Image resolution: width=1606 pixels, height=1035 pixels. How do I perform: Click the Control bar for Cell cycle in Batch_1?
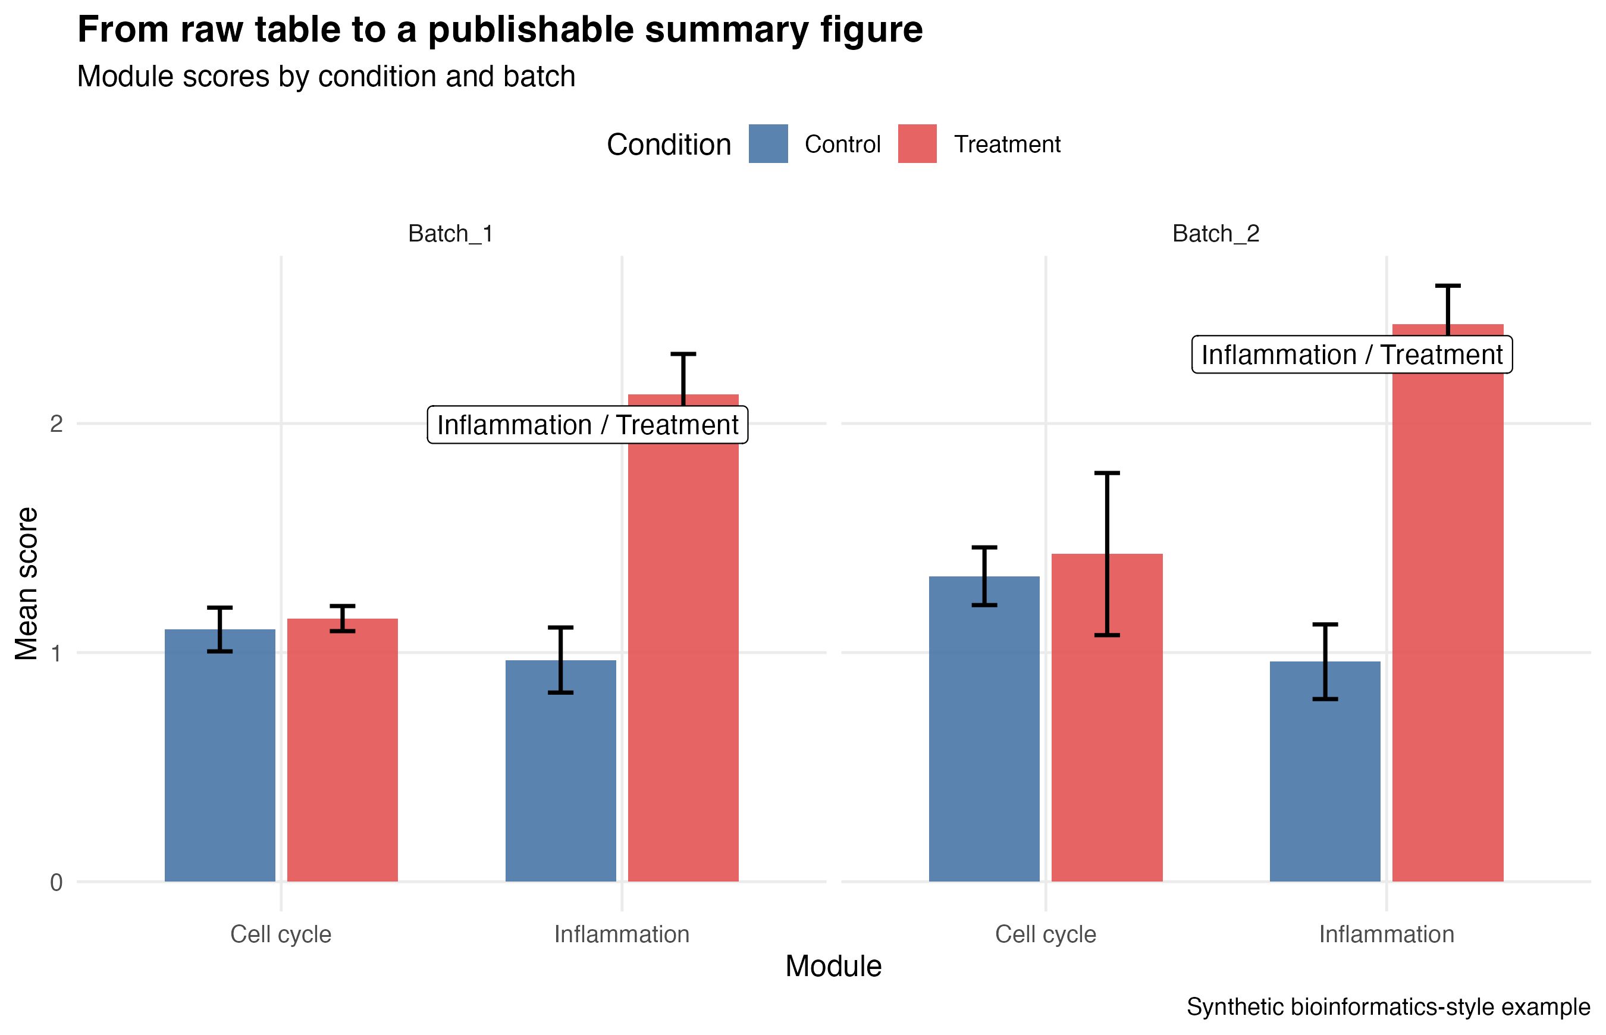219,755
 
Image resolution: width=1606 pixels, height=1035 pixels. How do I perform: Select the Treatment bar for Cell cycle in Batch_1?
343,749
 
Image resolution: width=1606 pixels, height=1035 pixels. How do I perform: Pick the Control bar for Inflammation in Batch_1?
560,770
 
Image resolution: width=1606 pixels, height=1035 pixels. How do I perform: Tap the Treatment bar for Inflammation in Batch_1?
683,638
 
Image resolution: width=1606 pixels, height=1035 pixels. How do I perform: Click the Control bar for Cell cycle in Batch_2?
984,729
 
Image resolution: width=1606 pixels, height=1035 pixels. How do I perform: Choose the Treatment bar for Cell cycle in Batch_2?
1108,717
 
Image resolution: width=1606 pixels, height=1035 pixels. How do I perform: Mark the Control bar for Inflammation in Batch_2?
1325,771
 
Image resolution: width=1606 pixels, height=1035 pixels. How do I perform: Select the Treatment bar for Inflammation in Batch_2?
1448,602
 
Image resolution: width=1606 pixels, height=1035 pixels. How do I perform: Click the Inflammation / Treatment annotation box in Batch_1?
588,425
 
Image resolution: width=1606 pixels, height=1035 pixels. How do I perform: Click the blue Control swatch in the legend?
768,144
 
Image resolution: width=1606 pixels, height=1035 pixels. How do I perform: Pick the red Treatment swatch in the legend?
917,144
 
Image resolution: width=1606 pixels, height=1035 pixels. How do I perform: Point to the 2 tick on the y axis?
57,424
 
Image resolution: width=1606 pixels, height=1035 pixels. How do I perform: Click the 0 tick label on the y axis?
57,882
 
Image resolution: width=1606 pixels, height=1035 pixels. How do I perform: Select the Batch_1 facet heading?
451,234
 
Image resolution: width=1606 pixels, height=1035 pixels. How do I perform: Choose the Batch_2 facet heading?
1216,234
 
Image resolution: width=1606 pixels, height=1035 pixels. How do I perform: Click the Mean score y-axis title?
27,584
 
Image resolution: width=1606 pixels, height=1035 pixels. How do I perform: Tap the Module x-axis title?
833,966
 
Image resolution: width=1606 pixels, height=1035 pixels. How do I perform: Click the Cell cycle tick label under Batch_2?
1046,934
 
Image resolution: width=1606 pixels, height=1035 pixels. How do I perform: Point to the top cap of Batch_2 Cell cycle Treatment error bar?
1108,473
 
